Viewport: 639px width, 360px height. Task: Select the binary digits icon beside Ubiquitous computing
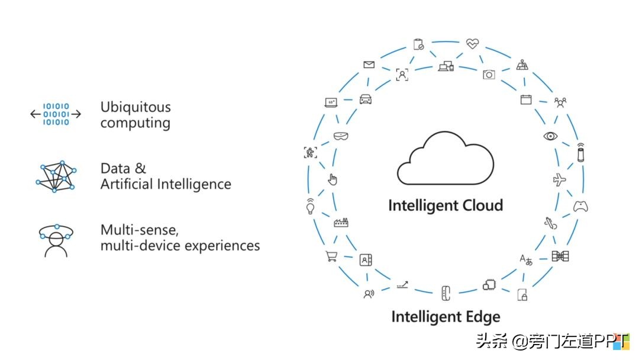[56, 114]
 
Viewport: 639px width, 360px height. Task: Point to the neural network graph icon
[56, 176]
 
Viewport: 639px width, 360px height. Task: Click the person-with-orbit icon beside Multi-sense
[56, 240]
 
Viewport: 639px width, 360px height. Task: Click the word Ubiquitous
[135, 107]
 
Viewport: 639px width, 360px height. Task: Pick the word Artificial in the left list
[126, 184]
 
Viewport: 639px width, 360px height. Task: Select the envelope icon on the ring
[369, 65]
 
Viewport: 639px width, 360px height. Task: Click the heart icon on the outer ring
[472, 43]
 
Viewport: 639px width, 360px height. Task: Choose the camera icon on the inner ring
[489, 74]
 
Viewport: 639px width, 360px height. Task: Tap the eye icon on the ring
[551, 136]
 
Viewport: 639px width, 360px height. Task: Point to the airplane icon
[559, 179]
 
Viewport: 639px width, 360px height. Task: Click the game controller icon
[580, 207]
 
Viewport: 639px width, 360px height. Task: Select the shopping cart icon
[331, 256]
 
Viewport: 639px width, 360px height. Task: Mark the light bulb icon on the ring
[309, 206]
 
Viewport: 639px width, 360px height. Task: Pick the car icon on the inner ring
[366, 99]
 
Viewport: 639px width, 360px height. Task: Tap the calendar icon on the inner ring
[526, 99]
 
